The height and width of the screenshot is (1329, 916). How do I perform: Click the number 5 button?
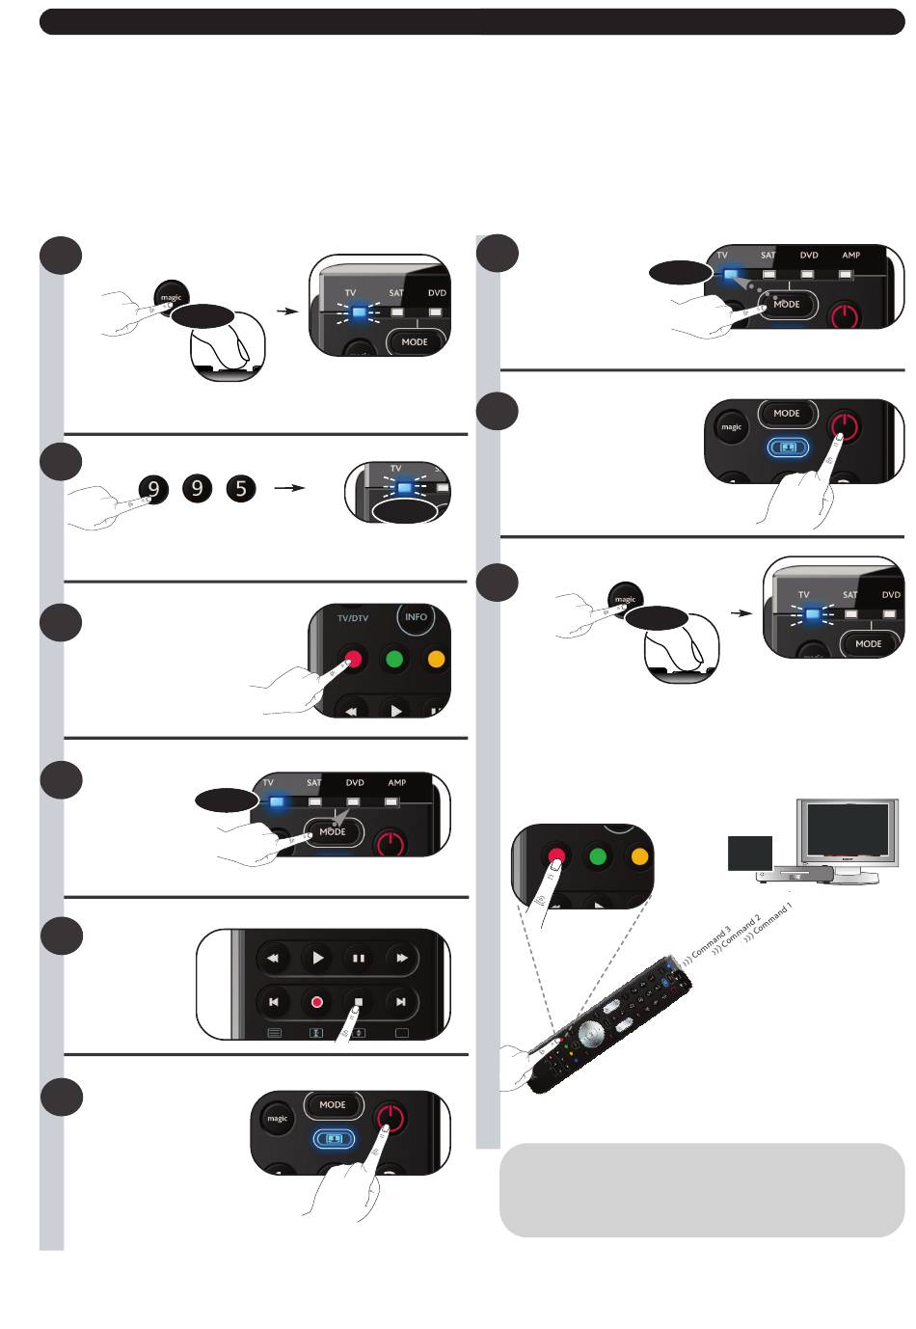241,489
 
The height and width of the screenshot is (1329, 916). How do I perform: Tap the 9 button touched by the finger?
153,489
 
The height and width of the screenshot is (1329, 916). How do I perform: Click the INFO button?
416,617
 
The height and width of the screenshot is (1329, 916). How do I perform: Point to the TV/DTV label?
353,618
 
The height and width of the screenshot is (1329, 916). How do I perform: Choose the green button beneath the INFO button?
393,660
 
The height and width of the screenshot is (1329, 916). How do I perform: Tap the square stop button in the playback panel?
358,1002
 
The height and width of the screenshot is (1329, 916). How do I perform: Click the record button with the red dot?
316,1002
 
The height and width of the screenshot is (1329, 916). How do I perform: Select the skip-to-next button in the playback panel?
400,1002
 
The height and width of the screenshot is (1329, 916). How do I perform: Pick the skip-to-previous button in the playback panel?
274,1002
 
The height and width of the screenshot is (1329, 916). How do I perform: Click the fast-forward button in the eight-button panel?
400,959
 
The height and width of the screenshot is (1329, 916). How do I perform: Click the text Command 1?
773,918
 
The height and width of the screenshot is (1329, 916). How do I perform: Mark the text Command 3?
711,942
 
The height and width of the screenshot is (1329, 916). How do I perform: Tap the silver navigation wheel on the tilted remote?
590,1032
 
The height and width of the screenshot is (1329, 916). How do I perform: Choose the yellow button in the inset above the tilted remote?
638,856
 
